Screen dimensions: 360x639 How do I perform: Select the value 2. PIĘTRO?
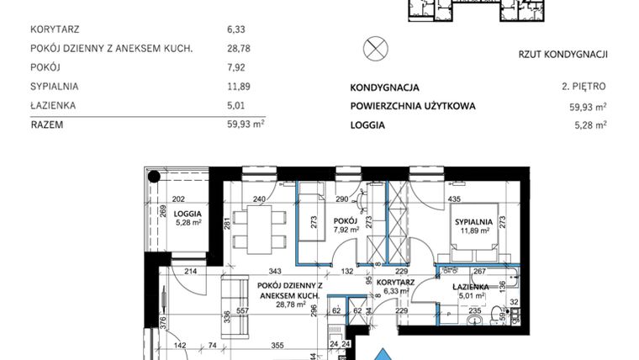coord(584,87)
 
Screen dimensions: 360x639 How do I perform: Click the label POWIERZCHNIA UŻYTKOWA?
coord(413,106)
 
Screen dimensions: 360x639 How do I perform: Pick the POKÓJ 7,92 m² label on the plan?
coord(346,224)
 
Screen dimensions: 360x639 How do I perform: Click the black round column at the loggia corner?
coord(155,176)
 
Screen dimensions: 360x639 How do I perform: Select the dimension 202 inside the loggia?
coord(177,199)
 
